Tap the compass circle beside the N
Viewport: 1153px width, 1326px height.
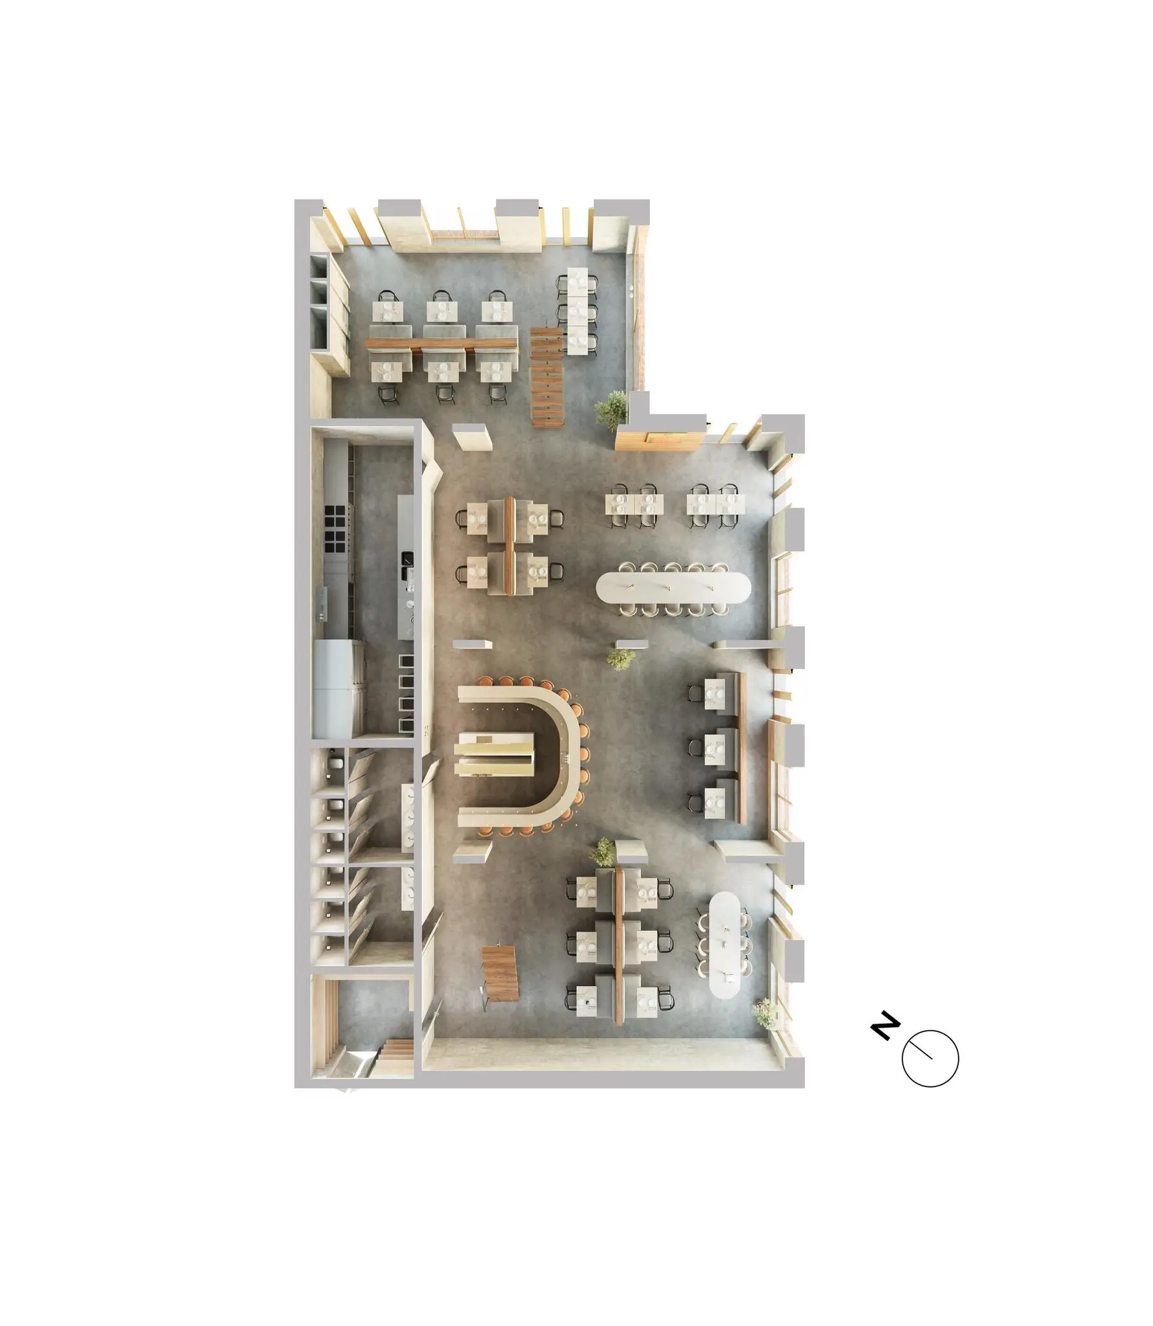click(x=930, y=1058)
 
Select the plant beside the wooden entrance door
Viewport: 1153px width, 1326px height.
click(x=612, y=409)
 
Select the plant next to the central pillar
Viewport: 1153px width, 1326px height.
click(x=621, y=658)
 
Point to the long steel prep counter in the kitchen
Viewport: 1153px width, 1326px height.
click(x=405, y=566)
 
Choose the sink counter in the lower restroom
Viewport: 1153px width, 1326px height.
click(x=408, y=888)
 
